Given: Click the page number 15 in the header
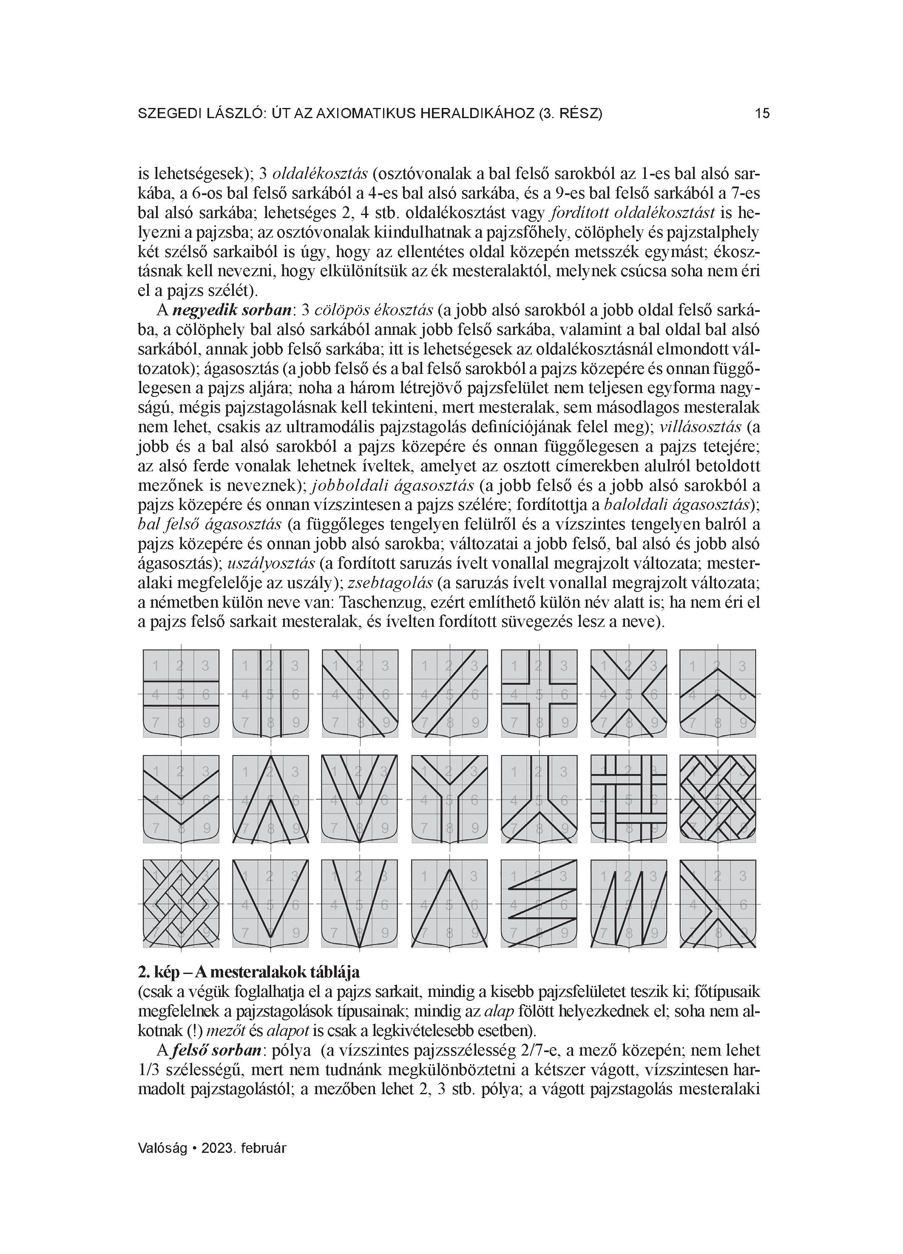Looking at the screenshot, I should [x=762, y=114].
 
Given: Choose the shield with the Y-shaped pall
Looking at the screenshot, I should [x=450, y=799].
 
